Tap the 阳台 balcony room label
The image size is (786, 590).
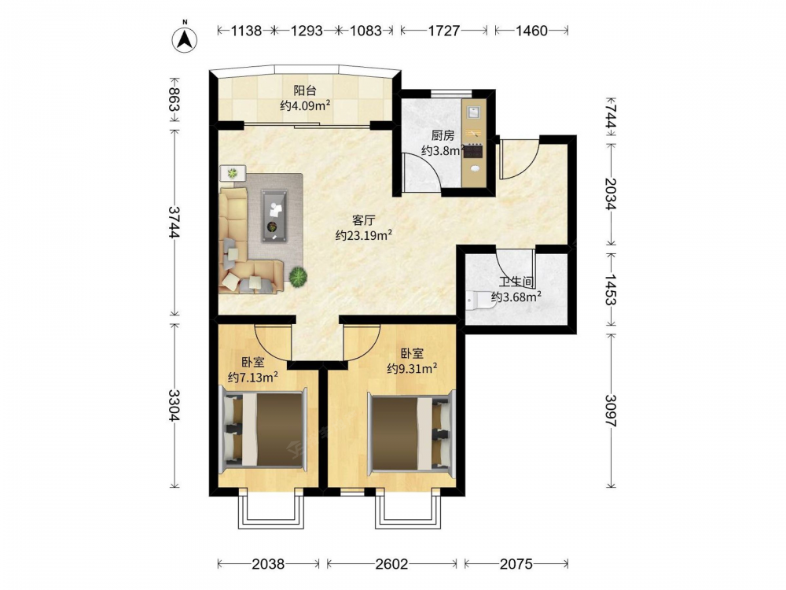pyautogui.click(x=305, y=90)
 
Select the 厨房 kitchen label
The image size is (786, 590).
pyautogui.click(x=443, y=135)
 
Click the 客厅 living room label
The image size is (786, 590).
pyautogui.click(x=364, y=220)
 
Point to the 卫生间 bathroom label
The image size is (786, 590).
pyautogui.click(x=516, y=282)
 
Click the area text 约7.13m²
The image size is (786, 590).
pyautogui.click(x=253, y=378)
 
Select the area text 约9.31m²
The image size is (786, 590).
pyautogui.click(x=412, y=369)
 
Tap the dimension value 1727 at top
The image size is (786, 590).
pyautogui.click(x=443, y=31)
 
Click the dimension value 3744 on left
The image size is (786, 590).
pyautogui.click(x=174, y=223)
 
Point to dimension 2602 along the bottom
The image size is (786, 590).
pyautogui.click(x=391, y=564)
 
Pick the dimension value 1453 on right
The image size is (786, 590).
pyautogui.click(x=611, y=289)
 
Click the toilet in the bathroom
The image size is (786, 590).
pyautogui.click(x=473, y=301)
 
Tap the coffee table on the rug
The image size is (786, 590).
pyautogui.click(x=274, y=216)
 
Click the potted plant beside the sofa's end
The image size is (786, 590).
pyautogui.click(x=298, y=276)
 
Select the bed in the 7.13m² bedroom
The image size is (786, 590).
pyautogui.click(x=263, y=430)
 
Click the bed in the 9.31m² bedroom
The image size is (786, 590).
pyautogui.click(x=410, y=433)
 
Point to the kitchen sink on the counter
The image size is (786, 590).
pyautogui.click(x=474, y=112)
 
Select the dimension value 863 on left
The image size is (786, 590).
pyautogui.click(x=174, y=100)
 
